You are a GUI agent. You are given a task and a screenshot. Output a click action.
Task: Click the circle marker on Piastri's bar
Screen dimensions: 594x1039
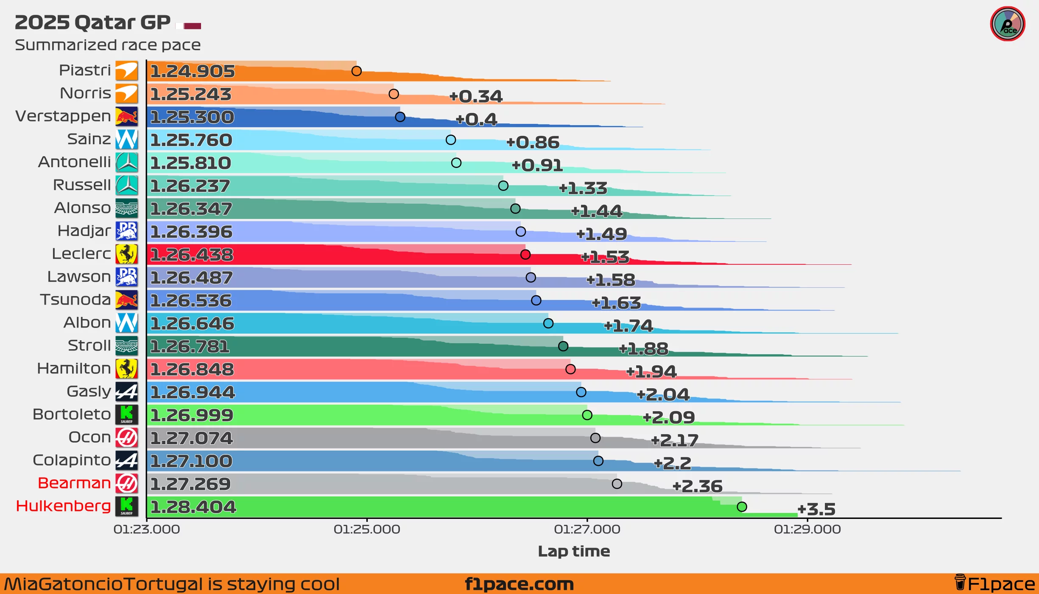(x=356, y=71)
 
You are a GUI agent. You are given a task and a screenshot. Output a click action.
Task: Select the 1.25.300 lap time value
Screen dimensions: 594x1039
(x=192, y=117)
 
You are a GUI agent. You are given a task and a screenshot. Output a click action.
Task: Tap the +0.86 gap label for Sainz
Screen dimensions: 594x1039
(x=533, y=143)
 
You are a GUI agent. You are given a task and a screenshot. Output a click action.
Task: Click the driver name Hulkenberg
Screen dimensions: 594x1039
(x=63, y=506)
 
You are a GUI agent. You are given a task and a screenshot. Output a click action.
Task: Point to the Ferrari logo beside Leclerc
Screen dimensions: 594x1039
(x=127, y=254)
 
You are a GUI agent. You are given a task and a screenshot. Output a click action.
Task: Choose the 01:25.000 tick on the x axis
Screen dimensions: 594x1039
(x=367, y=529)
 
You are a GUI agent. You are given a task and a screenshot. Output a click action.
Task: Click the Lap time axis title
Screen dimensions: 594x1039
(x=574, y=551)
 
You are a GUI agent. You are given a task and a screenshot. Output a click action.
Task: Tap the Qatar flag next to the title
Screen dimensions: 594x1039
(x=189, y=26)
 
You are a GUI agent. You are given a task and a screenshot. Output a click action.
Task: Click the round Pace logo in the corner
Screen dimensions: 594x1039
(x=1007, y=24)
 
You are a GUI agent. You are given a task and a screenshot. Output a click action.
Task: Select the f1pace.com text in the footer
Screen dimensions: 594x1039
(x=519, y=584)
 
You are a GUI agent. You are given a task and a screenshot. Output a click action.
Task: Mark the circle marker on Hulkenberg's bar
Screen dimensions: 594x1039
(x=742, y=507)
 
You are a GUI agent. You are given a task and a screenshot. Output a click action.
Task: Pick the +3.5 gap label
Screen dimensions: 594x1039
(x=816, y=509)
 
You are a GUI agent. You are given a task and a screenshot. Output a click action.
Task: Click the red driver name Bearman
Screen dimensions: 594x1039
(x=74, y=483)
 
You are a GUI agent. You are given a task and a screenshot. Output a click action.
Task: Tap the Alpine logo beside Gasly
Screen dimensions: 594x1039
(x=127, y=391)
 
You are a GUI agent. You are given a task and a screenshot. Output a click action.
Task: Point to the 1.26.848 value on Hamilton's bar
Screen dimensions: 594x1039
(x=192, y=369)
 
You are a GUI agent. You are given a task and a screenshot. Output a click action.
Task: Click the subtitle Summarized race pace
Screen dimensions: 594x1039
(x=108, y=45)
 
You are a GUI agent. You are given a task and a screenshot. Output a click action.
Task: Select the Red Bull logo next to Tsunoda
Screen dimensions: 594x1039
(x=127, y=300)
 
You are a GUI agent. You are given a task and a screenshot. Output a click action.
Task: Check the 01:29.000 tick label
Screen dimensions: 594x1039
(x=807, y=529)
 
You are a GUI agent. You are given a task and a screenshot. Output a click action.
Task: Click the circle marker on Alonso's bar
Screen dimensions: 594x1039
(x=515, y=208)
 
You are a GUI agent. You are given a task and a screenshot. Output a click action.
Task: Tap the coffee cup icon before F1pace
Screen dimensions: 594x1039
(x=960, y=583)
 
